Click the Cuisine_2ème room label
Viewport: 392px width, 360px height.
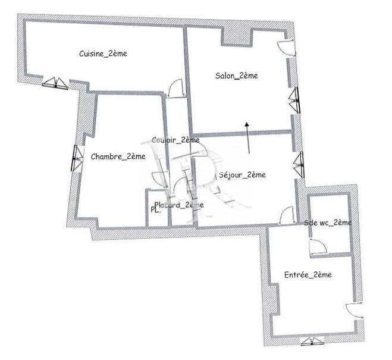103,54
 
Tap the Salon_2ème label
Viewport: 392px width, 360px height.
236,76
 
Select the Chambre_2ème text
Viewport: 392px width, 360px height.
118,156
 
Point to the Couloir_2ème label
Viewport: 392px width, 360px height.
175,140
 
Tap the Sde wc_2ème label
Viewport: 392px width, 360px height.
328,223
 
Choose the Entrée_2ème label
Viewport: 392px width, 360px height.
308,275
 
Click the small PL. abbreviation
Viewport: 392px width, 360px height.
155,210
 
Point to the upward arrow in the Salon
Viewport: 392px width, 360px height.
247,136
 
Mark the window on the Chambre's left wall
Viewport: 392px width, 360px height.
76,158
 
